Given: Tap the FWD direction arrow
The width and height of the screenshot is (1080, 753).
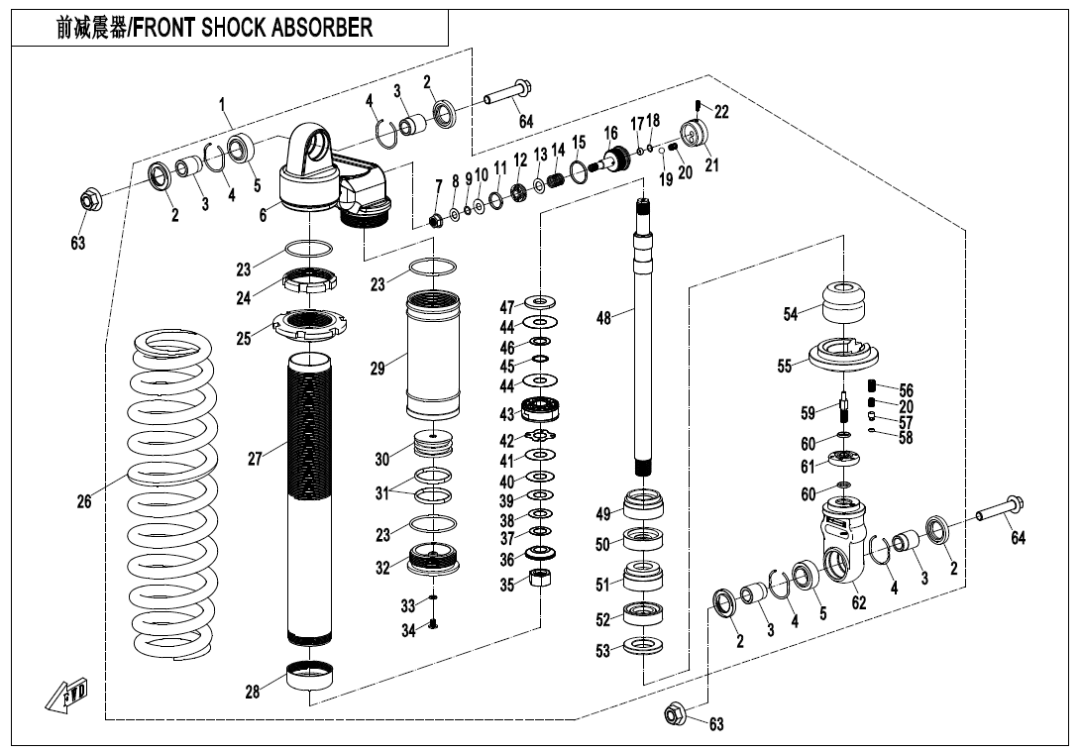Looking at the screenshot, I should tap(66, 693).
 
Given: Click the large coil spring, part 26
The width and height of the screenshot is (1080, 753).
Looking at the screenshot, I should tap(173, 495).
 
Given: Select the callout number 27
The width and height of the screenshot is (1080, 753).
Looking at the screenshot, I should tap(255, 459).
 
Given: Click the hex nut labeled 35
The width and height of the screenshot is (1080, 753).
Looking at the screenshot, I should tap(542, 579).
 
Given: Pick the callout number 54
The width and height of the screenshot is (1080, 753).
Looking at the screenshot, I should tap(790, 314).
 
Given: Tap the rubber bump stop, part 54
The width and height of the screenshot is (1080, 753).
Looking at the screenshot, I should tap(845, 300).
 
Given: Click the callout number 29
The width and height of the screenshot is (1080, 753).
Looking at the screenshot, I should tap(377, 368).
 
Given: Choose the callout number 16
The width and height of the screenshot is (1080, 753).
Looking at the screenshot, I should tap(610, 133).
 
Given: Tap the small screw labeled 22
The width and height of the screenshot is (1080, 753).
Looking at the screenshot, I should tap(700, 107).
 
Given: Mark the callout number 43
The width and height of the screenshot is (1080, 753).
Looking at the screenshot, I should tap(506, 414).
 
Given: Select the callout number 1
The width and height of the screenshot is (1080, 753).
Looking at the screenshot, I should tap(223, 103).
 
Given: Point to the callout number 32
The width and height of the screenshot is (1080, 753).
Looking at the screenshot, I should tap(383, 569).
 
